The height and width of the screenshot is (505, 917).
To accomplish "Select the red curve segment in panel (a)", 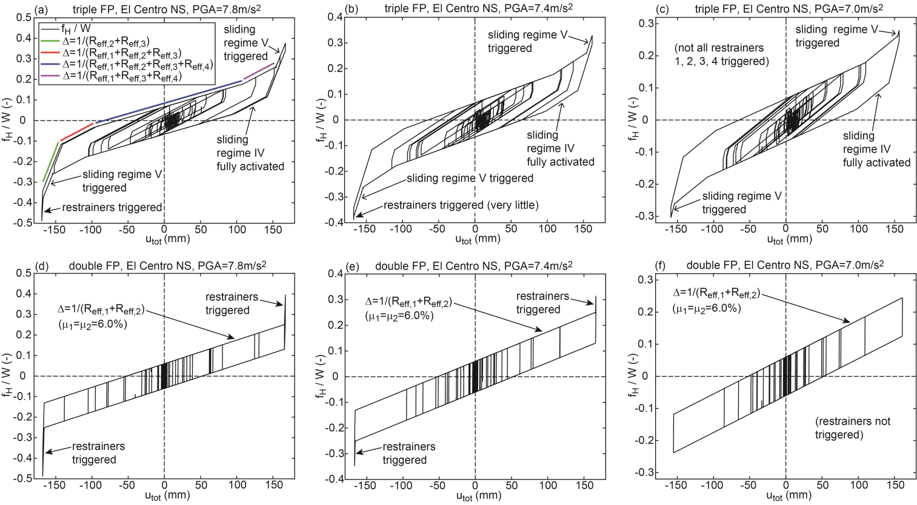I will [77, 131].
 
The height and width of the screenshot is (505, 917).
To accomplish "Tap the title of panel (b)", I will [479, 8].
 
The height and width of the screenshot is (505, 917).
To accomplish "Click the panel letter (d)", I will [43, 265].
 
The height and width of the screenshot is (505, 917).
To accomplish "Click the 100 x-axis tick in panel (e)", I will [548, 485].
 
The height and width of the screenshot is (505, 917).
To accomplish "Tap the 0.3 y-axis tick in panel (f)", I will [645, 279].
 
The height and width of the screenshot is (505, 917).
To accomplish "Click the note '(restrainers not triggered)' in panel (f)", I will [852, 428].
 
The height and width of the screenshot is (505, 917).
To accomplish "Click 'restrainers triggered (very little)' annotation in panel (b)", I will [461, 205].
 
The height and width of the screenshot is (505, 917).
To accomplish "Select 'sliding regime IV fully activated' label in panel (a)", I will [250, 153].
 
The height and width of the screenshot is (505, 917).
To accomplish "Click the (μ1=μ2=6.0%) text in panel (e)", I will [399, 315].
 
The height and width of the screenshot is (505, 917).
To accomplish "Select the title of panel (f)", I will [785, 265].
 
